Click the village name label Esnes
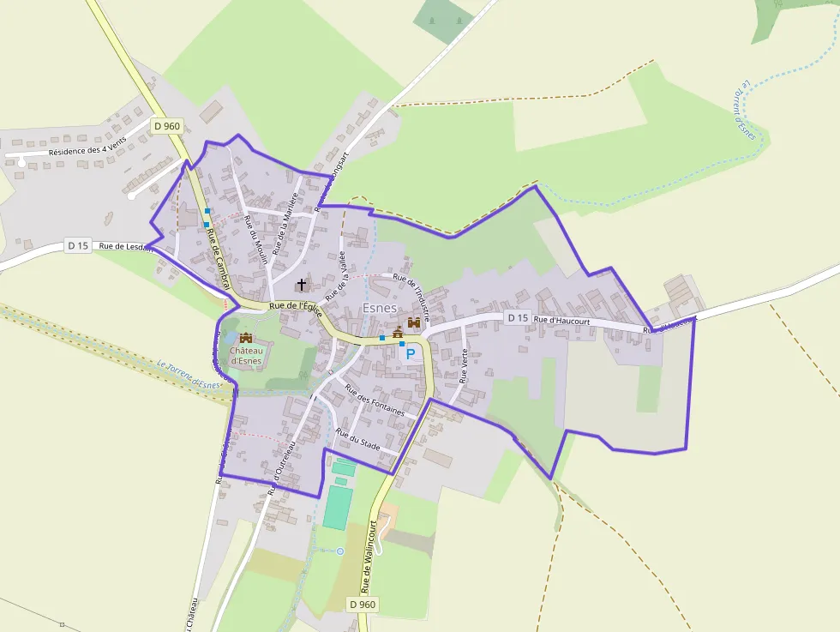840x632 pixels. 380,308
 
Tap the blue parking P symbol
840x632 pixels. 411,352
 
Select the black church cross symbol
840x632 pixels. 302,283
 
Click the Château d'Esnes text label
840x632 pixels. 246,354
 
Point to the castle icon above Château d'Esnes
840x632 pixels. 246,338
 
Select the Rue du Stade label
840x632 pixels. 358,439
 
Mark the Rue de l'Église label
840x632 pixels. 294,306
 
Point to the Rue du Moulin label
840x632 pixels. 256,241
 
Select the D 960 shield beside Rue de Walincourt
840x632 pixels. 363,605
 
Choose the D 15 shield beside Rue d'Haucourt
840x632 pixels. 517,317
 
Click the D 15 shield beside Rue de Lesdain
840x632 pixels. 78,246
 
